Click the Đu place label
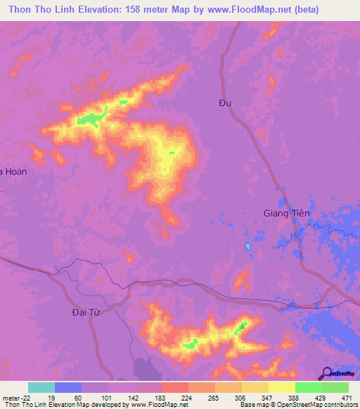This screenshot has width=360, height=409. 225,103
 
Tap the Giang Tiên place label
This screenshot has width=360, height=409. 286,213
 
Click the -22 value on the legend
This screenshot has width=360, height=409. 25,397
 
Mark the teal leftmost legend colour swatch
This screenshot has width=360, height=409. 41,387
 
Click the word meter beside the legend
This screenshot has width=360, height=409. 11,397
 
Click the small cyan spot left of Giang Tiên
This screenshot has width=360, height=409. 247,246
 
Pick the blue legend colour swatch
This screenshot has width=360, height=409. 68,387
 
